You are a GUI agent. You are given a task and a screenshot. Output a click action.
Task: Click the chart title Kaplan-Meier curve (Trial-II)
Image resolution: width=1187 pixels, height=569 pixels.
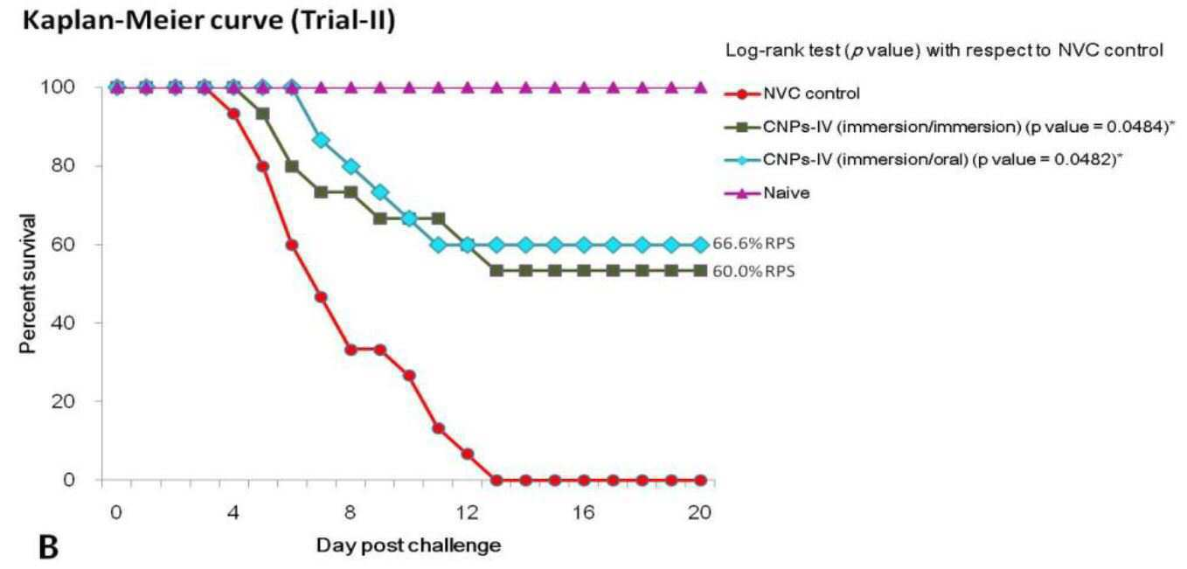209,22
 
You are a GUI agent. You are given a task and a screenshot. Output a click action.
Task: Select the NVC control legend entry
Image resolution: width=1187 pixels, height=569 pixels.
792,94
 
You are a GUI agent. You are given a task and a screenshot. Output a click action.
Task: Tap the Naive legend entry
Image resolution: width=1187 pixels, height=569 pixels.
767,193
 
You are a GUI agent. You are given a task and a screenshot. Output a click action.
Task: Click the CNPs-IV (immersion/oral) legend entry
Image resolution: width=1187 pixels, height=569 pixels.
924,159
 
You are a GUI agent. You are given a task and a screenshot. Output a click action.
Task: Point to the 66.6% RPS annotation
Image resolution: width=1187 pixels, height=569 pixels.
753,244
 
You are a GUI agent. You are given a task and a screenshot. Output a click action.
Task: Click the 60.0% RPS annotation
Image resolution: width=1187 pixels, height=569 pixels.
753,271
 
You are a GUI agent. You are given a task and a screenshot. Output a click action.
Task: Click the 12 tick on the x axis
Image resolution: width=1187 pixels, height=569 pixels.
468,512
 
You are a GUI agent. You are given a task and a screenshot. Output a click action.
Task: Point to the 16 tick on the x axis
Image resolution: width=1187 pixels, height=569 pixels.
584,512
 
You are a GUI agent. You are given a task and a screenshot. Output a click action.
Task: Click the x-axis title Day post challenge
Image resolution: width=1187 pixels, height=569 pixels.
408,545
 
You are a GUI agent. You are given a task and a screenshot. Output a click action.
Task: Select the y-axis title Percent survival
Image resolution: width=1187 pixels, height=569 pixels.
28,283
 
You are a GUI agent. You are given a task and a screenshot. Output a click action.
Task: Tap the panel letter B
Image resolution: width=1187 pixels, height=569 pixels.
49,548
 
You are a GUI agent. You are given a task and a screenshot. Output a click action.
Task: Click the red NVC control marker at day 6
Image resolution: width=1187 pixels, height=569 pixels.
292,245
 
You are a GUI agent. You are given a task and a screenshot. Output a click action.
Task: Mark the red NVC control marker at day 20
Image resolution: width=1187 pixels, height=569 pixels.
700,480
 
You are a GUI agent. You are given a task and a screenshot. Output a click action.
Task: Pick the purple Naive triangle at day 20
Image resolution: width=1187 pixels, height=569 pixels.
700,87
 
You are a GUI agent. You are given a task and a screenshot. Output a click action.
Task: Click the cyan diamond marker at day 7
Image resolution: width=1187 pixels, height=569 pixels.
321,141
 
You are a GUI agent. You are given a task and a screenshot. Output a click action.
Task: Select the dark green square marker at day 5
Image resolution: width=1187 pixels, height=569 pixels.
263,114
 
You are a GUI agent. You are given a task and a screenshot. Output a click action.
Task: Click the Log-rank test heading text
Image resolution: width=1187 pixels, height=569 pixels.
944,51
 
